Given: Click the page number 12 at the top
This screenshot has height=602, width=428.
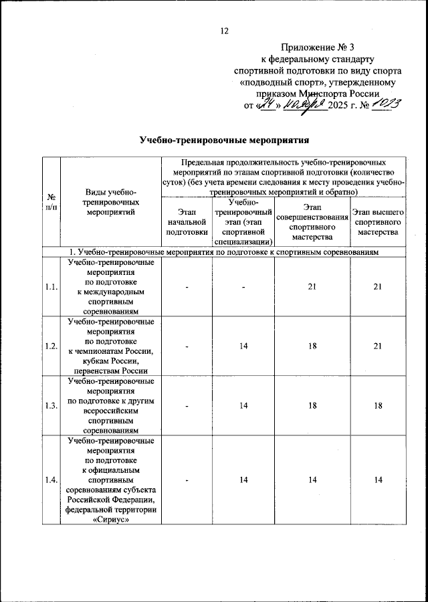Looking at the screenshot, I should pos(224,31).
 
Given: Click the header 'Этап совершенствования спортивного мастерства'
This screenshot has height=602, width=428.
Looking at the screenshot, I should pos(312,223).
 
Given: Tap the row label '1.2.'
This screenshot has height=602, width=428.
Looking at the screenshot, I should pos(51,346).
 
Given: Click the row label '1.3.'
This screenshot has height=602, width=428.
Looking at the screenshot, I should pos(51,405).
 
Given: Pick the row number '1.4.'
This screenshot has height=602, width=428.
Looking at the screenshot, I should pos(51,479).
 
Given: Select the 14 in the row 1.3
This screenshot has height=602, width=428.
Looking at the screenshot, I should pos(244,405).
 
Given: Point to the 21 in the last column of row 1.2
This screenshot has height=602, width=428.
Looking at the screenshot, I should pos(378,346).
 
